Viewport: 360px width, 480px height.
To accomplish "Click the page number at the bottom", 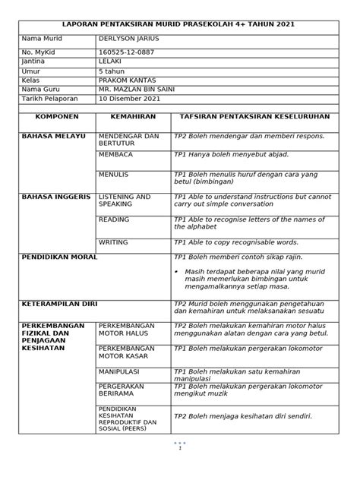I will [180, 448].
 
